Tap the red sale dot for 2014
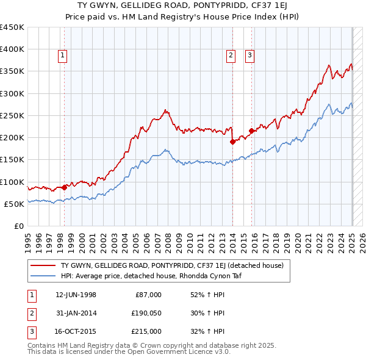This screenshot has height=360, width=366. [232, 142]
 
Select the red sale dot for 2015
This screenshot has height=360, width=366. [251, 130]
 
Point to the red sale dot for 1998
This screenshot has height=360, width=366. [64, 187]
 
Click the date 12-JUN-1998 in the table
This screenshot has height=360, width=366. [76, 295]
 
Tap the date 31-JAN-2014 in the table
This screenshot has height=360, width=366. [76, 313]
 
